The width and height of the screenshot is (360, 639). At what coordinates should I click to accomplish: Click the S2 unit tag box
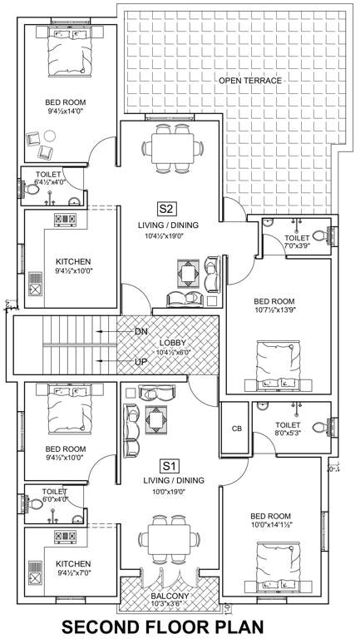[x=165, y=208]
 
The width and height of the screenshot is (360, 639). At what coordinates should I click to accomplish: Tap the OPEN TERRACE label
[x=249, y=81]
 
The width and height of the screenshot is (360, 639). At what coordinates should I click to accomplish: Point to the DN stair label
[x=141, y=331]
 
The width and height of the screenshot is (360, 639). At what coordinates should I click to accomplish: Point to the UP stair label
[x=141, y=362]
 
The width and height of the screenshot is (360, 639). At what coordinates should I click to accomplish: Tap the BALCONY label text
[x=170, y=597]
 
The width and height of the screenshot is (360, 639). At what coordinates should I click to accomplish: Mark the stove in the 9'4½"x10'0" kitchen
[x=65, y=220]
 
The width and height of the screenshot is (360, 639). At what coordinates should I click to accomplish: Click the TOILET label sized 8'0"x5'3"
[x=287, y=425]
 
